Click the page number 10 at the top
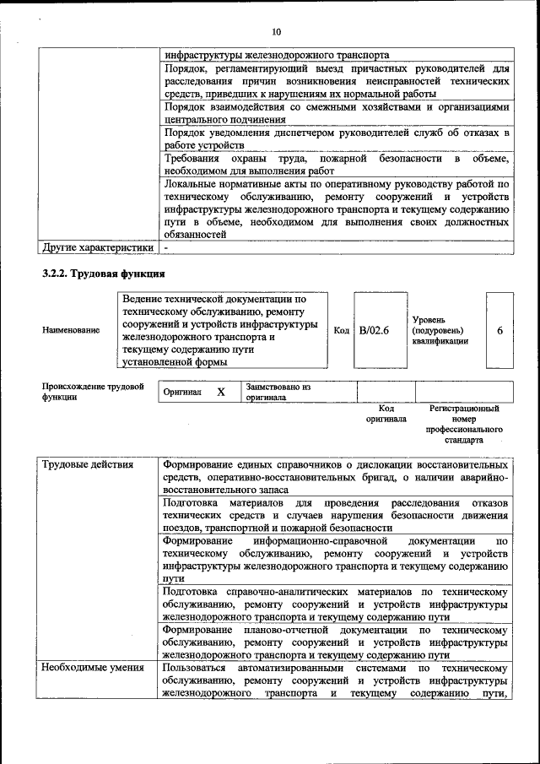coord(276,31)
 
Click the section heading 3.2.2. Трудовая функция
coord(103,274)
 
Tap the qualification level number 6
coord(499,331)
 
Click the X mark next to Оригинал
coord(221,393)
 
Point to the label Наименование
coord(70,332)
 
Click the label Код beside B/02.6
coord(341,331)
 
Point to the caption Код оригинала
coord(386,414)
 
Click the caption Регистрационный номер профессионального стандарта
coord(463,424)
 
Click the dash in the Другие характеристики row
coord(167,248)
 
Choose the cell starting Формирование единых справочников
coord(336,477)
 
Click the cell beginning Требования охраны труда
coord(336,165)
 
